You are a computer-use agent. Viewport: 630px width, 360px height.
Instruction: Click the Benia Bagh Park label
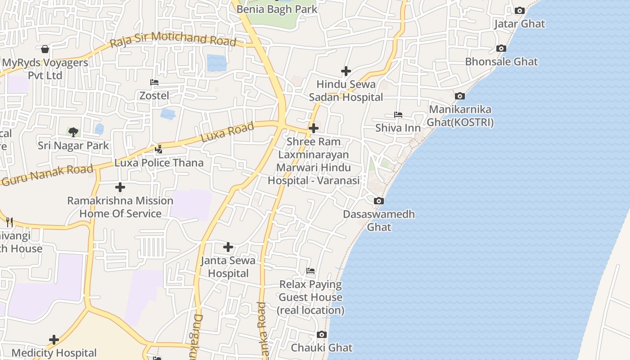click(277, 9)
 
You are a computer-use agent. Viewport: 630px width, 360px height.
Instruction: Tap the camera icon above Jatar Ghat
click(519, 10)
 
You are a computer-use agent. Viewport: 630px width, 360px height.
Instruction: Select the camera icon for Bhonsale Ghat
click(501, 48)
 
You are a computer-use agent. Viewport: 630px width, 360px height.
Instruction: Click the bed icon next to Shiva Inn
click(398, 115)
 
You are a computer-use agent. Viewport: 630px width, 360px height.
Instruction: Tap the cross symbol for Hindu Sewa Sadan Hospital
click(346, 71)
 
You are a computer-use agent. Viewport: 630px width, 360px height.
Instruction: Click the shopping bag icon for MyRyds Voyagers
click(45, 49)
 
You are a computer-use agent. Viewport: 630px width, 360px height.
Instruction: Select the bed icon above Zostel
click(154, 82)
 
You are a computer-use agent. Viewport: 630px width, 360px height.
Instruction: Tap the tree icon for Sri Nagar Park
click(73, 132)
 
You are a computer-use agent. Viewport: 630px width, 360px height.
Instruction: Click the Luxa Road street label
click(227, 133)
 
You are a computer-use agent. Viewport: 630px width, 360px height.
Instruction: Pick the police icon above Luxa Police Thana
click(158, 149)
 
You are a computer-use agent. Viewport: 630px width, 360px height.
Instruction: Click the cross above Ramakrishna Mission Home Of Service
click(120, 187)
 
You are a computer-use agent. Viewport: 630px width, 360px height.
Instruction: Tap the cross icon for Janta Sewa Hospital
click(228, 247)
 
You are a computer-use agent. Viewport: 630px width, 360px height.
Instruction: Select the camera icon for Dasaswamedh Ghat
click(379, 201)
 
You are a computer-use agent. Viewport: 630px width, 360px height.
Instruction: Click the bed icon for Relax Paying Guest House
click(310, 271)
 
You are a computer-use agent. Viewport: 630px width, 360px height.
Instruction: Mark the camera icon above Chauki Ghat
click(321, 334)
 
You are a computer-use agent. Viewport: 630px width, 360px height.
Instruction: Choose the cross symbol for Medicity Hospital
click(54, 340)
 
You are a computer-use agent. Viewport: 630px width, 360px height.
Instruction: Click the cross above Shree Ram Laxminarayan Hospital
click(313, 128)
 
